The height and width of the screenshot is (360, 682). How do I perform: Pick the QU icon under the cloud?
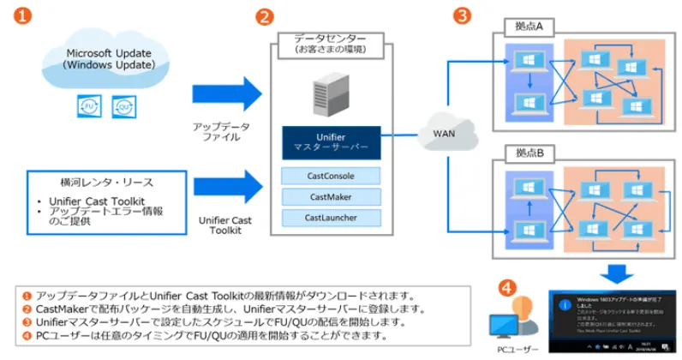126,106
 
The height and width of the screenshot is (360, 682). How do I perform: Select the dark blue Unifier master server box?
330,141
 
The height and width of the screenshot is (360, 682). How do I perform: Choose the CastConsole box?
330,176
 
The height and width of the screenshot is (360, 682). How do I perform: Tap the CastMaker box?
330,197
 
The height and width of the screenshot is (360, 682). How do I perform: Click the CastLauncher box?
330,218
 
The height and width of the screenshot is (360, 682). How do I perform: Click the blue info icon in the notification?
564,303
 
